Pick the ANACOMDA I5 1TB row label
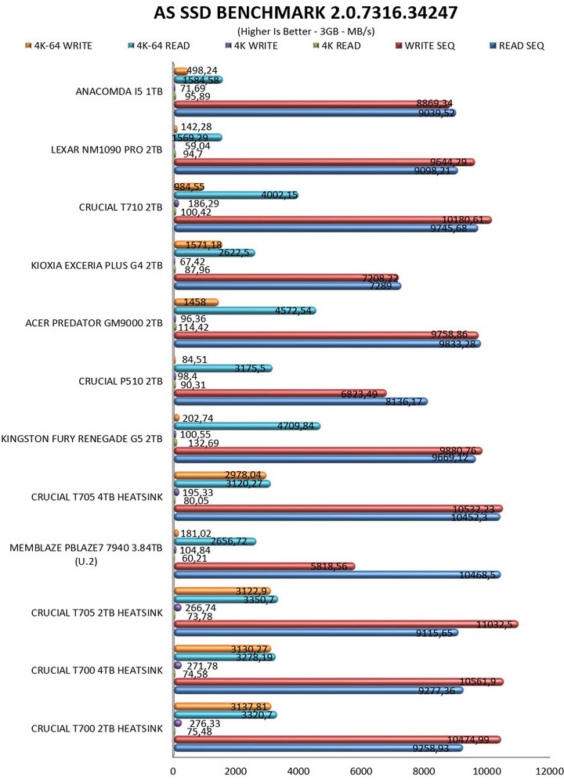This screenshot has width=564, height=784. (119, 92)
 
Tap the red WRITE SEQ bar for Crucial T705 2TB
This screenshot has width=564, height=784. (345, 624)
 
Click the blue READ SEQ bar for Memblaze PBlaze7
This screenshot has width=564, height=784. (337, 575)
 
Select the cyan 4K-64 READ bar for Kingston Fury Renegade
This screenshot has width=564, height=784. (246, 426)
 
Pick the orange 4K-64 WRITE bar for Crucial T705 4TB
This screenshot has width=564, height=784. (219, 475)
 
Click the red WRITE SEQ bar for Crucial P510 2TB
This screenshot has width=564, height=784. (280, 393)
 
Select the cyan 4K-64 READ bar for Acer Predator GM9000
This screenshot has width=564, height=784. (244, 311)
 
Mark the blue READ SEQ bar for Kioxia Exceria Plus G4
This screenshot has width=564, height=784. (287, 286)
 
